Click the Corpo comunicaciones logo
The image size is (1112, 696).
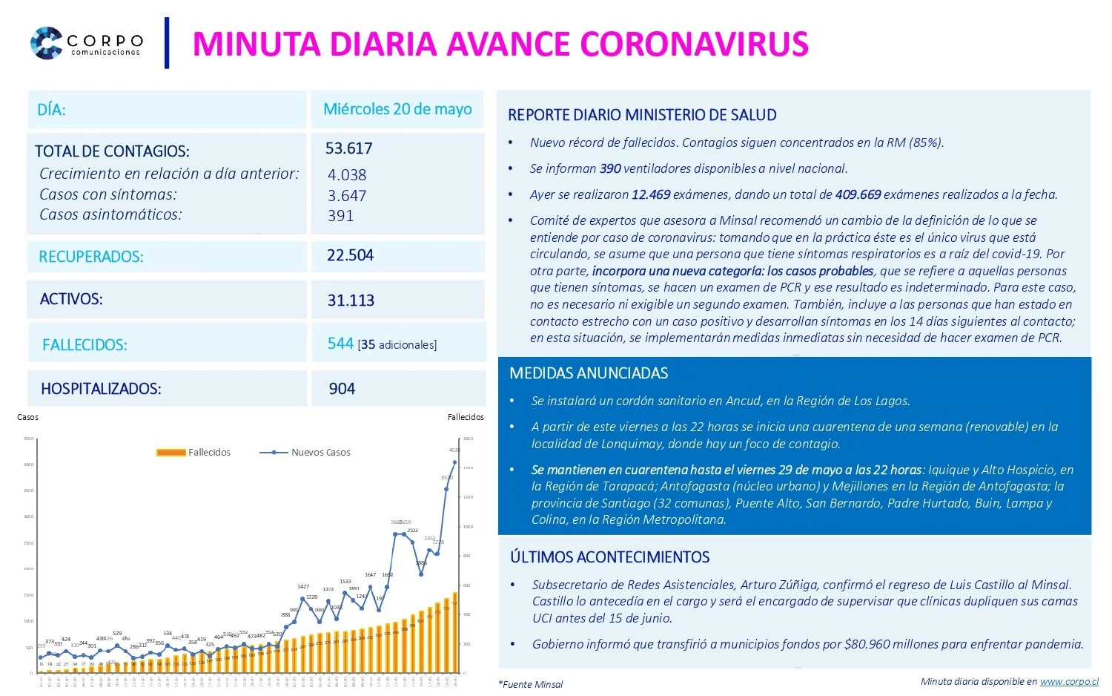pos(86,43)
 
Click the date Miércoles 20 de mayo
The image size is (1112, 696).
pos(397,109)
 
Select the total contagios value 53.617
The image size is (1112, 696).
pos(348,148)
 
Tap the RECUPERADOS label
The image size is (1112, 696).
pos(90,257)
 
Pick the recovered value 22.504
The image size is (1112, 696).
pos(350,255)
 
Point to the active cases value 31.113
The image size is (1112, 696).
pos(351,301)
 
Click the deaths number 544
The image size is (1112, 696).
pos(340,344)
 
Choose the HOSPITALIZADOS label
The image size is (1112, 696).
pos(101,389)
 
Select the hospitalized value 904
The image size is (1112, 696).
pos(342,389)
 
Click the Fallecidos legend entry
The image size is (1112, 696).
pos(194,452)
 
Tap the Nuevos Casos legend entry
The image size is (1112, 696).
pos(305,452)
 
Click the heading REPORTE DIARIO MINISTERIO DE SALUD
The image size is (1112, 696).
pos(642,115)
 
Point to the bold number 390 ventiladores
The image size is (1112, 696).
pos(610,168)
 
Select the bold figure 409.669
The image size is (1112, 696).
pos(858,194)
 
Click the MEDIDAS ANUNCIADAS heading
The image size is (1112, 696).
pos(589,373)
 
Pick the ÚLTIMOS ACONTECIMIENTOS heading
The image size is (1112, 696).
pos(609,557)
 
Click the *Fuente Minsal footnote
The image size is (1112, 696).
pos(531,684)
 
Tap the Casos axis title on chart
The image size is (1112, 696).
pos(27,417)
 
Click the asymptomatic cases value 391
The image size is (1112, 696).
pos(340,216)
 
